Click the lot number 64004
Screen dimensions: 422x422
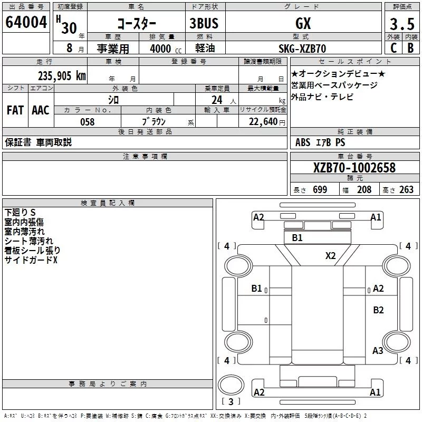pyautogui.click(x=26, y=23)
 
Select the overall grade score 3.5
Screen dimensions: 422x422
pyautogui.click(x=401, y=24)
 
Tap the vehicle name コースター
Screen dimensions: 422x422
pyautogui.click(x=136, y=24)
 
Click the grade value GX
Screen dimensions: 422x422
pyautogui.click(x=303, y=24)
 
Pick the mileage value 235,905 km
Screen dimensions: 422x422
pyautogui.click(x=62, y=75)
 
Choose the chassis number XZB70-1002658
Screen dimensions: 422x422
pyautogui.click(x=354, y=168)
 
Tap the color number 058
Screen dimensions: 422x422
pyautogui.click(x=87, y=122)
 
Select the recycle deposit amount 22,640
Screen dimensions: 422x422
pyautogui.click(x=262, y=122)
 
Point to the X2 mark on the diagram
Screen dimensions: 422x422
pyautogui.click(x=330, y=256)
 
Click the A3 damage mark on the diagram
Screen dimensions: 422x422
pyautogui.click(x=378, y=350)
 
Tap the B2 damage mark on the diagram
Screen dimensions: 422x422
pyautogui.click(x=378, y=310)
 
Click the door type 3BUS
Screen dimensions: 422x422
pyautogui.click(x=204, y=24)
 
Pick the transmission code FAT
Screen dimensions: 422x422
pyautogui.click(x=15, y=110)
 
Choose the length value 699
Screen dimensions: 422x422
pyautogui.click(x=320, y=190)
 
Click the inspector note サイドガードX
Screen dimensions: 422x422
pyautogui.click(x=31, y=260)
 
